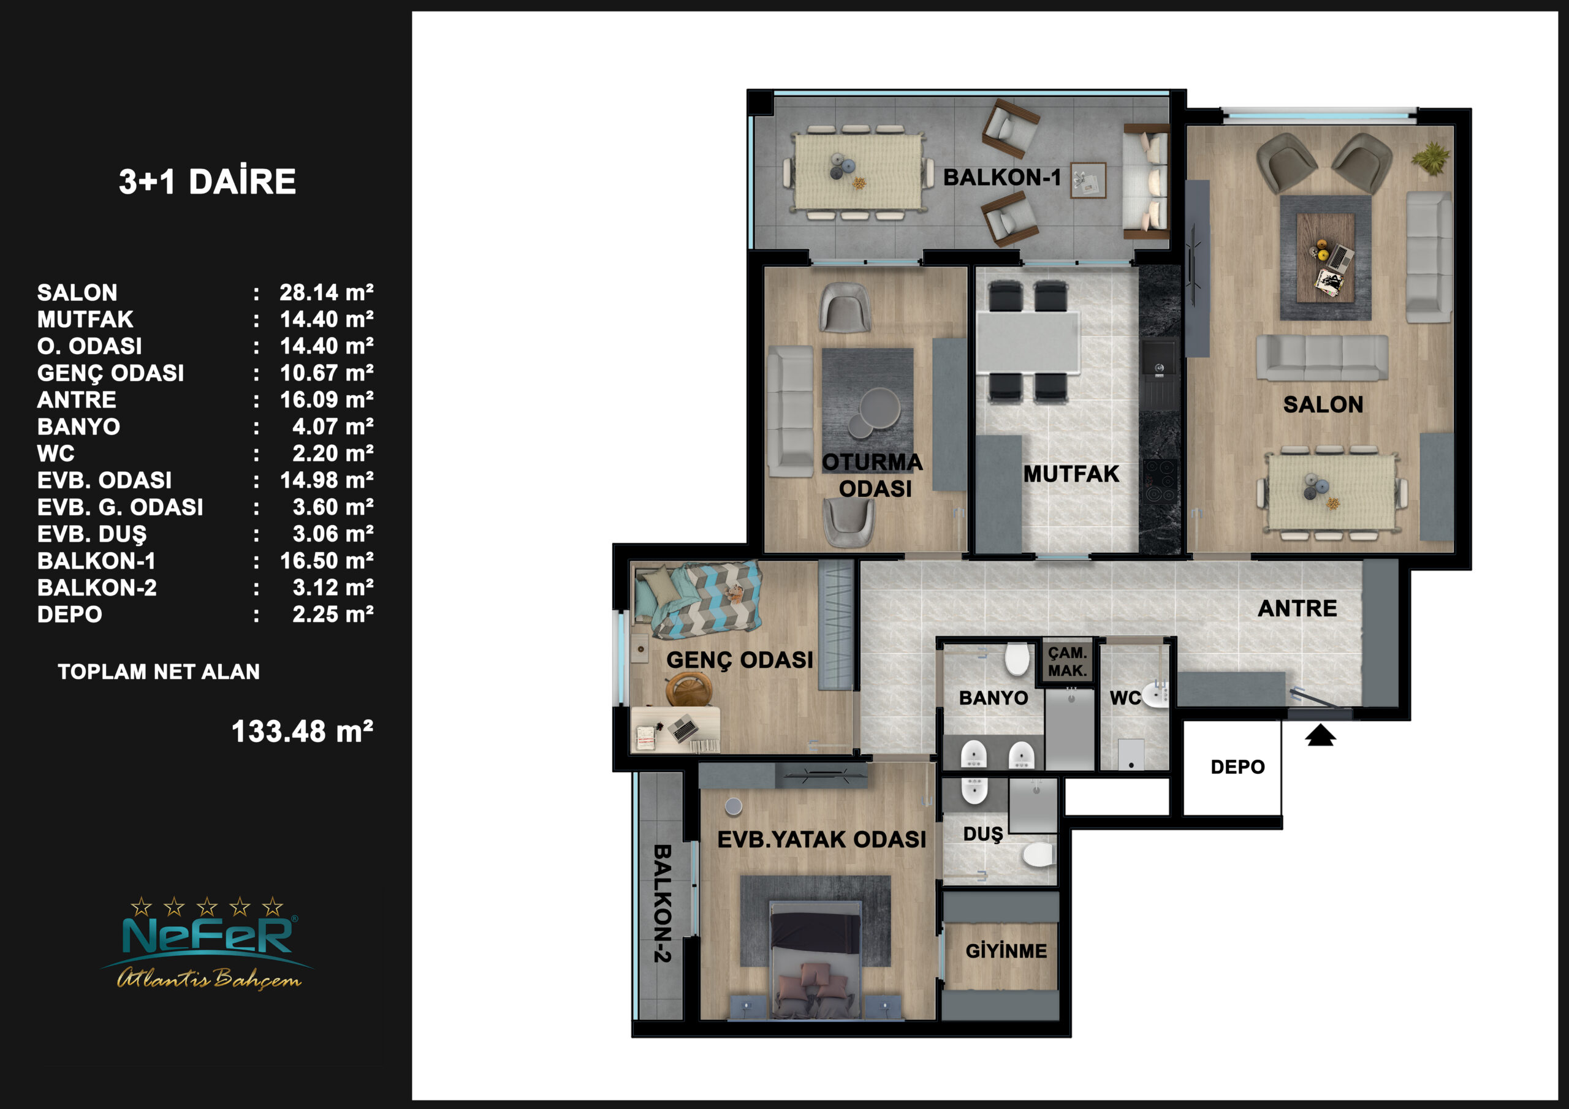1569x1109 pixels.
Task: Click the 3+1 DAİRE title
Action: click(208, 182)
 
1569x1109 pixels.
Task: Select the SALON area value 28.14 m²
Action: click(327, 292)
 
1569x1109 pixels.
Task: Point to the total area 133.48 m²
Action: click(302, 732)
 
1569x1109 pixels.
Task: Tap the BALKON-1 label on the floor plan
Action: click(1002, 178)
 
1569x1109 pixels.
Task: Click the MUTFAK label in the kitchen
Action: click(1071, 474)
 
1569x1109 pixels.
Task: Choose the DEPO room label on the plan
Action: click(1237, 766)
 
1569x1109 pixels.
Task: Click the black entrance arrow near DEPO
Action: click(1320, 735)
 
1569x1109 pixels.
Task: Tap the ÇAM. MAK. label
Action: click(1068, 662)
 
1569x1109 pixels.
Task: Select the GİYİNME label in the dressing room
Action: click(1006, 950)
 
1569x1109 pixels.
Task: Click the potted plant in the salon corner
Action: click(1430, 159)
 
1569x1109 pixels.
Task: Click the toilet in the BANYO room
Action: click(1017, 659)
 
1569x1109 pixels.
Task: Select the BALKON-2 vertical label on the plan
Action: click(662, 903)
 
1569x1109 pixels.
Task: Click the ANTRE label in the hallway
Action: click(1297, 608)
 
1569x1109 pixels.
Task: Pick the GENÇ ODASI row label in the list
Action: click(111, 373)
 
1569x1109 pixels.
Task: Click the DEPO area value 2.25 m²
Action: click(333, 615)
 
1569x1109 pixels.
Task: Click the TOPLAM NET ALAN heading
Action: click(159, 672)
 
